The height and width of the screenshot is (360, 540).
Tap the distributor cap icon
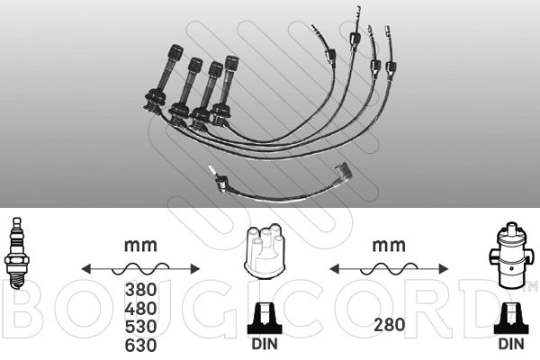pos(265,251)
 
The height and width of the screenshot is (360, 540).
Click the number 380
pos(140,290)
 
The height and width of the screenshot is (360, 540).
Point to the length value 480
pos(140,309)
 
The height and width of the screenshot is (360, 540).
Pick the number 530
pos(140,327)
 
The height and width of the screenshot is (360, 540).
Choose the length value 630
pos(140,346)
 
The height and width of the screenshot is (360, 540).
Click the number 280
pos(389,325)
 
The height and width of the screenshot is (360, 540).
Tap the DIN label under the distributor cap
pos(265,344)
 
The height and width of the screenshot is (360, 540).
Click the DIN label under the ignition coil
pos(511,344)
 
